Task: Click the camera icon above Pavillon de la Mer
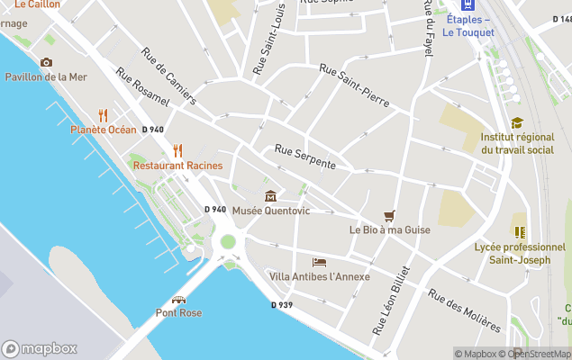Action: (46, 62)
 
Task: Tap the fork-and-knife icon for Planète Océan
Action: (104, 115)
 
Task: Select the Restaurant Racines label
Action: (177, 166)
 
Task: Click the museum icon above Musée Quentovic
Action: (270, 196)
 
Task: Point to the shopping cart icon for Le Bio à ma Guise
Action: (389, 215)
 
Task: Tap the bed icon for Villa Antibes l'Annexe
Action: (319, 262)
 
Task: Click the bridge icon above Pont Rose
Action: (178, 299)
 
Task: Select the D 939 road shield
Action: (282, 305)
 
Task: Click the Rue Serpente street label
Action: (305, 158)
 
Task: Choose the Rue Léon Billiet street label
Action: (391, 301)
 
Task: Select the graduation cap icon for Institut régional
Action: (517, 123)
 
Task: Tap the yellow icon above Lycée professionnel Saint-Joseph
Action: (520, 231)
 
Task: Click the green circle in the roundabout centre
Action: (228, 241)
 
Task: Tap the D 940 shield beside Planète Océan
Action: (152, 130)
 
